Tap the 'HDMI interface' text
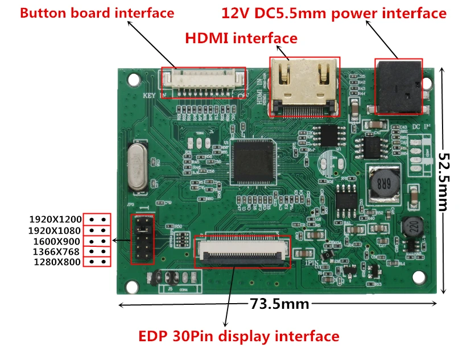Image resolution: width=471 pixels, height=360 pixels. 241,38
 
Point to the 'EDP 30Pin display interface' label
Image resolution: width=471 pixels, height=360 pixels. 239,336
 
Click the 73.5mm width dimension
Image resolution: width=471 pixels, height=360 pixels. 279,304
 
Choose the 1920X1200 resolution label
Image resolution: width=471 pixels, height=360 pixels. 55,220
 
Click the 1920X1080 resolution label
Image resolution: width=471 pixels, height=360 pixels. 55,230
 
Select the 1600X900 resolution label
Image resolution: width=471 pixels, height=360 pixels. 55,241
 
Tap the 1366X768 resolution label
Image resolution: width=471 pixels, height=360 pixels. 55,251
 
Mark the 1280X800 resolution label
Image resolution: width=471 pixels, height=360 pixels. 55,262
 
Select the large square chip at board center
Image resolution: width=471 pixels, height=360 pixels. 253,163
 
